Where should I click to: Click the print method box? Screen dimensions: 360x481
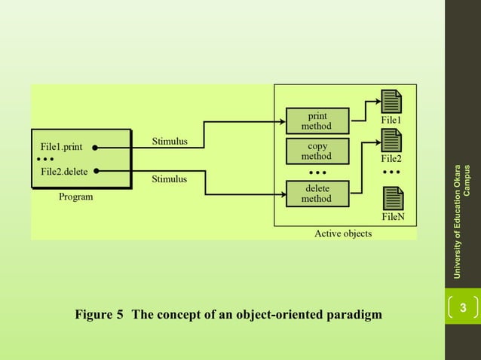317,121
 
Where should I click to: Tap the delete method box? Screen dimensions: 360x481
317,194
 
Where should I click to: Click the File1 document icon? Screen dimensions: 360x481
391,102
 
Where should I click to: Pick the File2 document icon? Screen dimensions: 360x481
391,141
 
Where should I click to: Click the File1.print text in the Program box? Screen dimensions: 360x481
62,147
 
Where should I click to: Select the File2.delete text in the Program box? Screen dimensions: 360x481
64,172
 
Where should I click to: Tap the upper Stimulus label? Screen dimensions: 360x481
170,141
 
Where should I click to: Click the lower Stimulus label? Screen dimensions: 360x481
170,179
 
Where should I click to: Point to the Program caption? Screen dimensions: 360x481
76,197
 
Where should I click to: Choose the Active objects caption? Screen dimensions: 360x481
343,233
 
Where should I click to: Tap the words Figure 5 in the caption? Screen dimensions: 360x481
99,314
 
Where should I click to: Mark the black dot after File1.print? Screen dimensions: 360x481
98,148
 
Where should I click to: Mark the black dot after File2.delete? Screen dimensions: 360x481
98,172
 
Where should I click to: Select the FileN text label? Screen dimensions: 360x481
394,217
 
